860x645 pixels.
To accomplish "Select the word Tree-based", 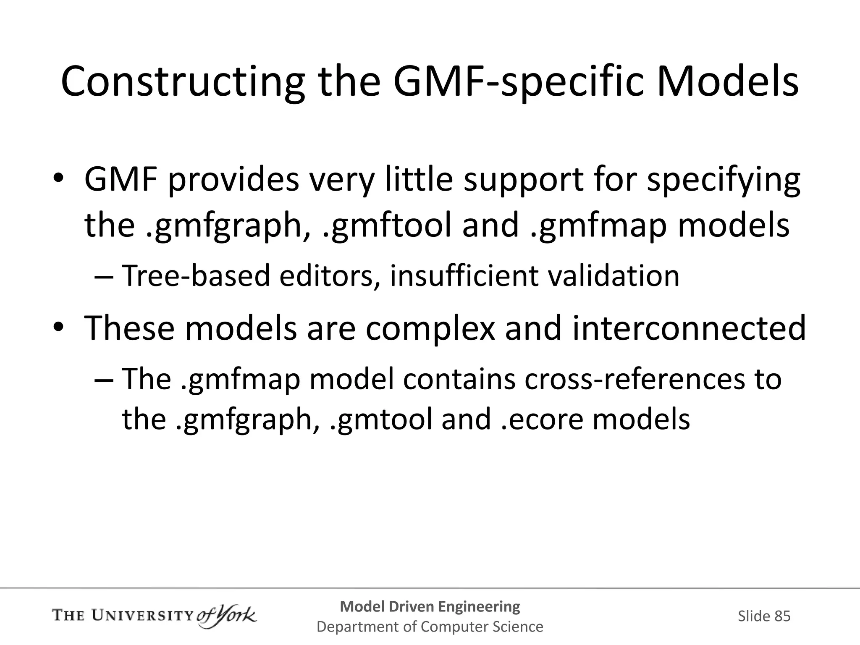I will pos(196,276).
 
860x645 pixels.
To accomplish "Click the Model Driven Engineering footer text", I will pos(430,606).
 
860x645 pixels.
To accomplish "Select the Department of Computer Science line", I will pos(430,627).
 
